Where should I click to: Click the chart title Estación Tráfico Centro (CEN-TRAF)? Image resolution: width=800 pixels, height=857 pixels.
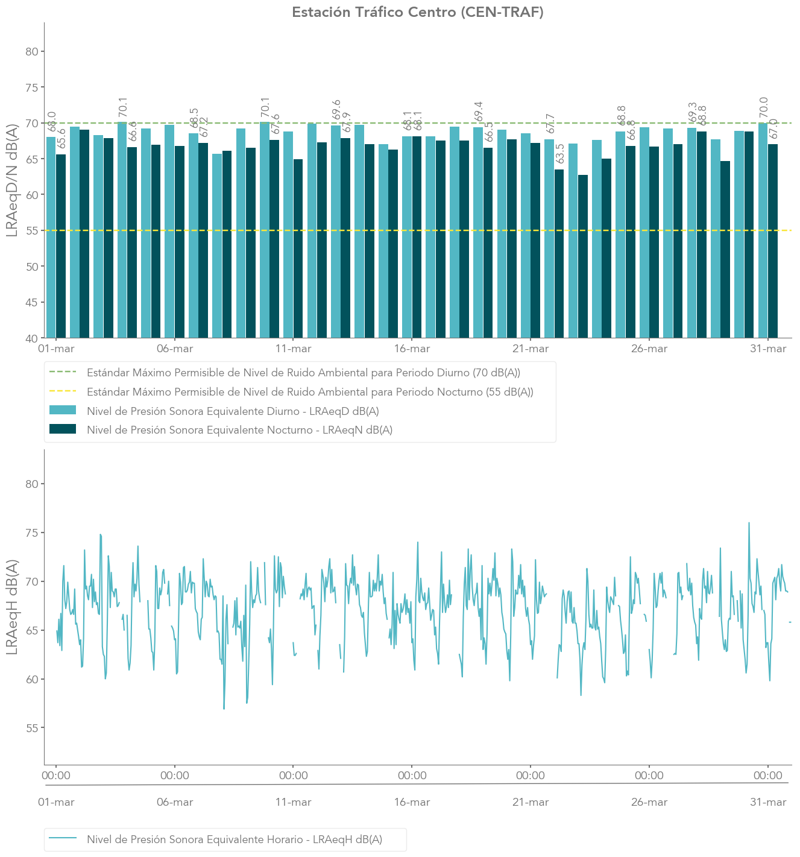pyautogui.click(x=417, y=12)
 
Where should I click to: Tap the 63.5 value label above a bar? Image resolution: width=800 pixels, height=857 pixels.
pyautogui.click(x=561, y=154)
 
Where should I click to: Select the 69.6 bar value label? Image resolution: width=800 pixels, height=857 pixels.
pyautogui.click(x=336, y=110)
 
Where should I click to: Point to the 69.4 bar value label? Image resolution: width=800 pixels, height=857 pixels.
pyautogui.click(x=479, y=112)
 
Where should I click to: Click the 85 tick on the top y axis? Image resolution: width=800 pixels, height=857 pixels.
pyautogui.click(x=32, y=52)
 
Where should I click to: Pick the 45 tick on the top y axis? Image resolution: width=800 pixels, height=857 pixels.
pyautogui.click(x=32, y=303)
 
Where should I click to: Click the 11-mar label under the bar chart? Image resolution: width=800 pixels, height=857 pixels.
pyautogui.click(x=293, y=349)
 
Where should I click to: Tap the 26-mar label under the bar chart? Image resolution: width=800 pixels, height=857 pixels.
pyautogui.click(x=649, y=349)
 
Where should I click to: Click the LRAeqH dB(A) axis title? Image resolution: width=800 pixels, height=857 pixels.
pyautogui.click(x=13, y=607)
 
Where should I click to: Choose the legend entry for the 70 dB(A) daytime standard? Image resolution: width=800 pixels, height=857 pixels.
pyautogui.click(x=303, y=373)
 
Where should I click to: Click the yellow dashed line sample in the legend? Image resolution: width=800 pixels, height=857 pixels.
pyautogui.click(x=62, y=392)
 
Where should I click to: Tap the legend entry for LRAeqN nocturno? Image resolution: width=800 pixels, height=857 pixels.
pyautogui.click(x=239, y=430)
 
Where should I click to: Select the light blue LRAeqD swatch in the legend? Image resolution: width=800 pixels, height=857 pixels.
pyautogui.click(x=62, y=411)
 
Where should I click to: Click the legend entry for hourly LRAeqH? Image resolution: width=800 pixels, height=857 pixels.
pyautogui.click(x=234, y=840)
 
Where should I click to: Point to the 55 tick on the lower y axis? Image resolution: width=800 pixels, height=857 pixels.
pyautogui.click(x=32, y=729)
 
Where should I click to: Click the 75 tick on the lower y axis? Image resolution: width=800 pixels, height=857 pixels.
pyautogui.click(x=32, y=533)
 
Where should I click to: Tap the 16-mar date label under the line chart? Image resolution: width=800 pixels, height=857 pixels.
pyautogui.click(x=412, y=802)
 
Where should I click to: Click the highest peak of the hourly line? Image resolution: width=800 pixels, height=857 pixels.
pyautogui.click(x=749, y=523)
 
